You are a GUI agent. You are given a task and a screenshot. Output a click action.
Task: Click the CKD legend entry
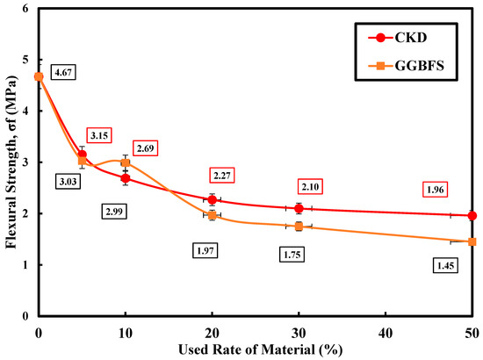pyautogui.click(x=398, y=38)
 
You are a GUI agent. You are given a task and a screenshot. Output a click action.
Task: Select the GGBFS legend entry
pyautogui.click(x=406, y=66)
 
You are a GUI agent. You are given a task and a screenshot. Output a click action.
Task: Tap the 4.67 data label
pyautogui.click(x=63, y=72)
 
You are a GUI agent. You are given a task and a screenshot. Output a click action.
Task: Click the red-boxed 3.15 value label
pyautogui.click(x=99, y=135)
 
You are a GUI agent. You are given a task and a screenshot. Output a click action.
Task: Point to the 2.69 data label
pyautogui.click(x=146, y=148)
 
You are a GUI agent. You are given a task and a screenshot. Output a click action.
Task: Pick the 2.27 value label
pyautogui.click(x=222, y=176)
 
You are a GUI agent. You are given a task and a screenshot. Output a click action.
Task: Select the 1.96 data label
pyautogui.click(x=435, y=190)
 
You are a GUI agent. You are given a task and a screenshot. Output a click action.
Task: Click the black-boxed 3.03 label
pyautogui.click(x=68, y=182)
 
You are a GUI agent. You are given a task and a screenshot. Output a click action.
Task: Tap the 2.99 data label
pyautogui.click(x=114, y=212)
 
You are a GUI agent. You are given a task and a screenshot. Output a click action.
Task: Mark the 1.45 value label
pyautogui.click(x=446, y=265)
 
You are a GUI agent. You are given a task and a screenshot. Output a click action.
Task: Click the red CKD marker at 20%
pyautogui.click(x=212, y=199)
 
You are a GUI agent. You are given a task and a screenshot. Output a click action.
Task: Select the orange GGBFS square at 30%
pyautogui.click(x=299, y=227)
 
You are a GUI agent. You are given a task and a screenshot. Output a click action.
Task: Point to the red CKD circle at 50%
pyautogui.click(x=472, y=216)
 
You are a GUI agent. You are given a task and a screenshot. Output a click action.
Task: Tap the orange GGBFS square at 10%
pyautogui.click(x=126, y=162)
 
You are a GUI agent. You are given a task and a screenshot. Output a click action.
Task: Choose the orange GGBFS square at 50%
pyautogui.click(x=472, y=241)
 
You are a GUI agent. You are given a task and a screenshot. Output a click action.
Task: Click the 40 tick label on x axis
pyautogui.click(x=386, y=333)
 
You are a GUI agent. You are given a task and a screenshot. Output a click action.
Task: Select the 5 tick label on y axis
pyautogui.click(x=25, y=60)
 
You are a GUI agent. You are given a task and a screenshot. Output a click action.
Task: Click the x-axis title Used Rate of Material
pyautogui.click(x=261, y=349)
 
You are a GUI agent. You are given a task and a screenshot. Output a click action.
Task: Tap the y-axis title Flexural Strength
pyautogui.click(x=11, y=162)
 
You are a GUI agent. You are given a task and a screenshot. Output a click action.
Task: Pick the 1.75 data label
pyautogui.click(x=292, y=255)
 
